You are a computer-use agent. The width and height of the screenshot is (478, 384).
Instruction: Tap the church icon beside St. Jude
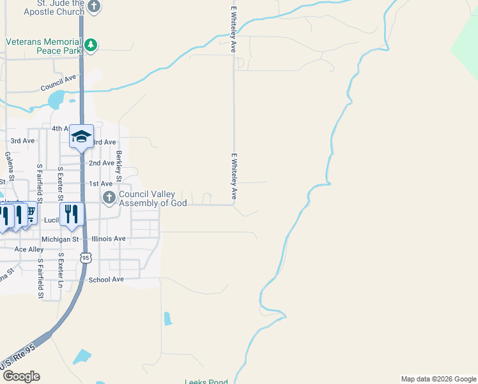tap(94, 7)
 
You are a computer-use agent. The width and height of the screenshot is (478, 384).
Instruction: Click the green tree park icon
tap(91, 44)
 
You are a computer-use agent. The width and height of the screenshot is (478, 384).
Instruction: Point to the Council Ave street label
tap(58, 84)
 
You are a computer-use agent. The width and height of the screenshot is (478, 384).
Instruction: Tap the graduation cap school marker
tap(82, 136)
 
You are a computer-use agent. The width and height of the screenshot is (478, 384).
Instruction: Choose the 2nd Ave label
tap(102, 163)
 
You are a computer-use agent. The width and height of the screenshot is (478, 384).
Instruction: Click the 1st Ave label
tap(101, 184)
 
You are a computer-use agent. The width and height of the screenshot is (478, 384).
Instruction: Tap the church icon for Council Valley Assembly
tap(109, 198)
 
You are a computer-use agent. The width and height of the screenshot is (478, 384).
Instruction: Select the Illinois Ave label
tap(109, 239)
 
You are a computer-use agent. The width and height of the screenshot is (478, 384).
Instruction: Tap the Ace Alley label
tap(29, 250)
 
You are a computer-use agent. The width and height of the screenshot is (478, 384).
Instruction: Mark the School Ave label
tap(106, 280)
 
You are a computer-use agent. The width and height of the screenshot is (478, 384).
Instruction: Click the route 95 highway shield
tap(86, 257)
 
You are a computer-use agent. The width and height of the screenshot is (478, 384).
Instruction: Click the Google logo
tap(20, 376)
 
